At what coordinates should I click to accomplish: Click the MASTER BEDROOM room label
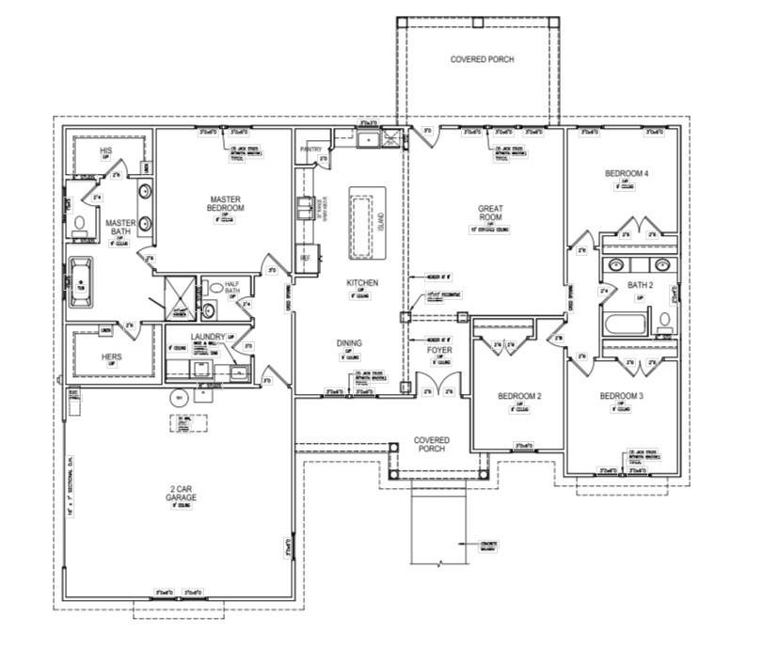[x=226, y=203]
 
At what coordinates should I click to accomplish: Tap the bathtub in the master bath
[x=83, y=280]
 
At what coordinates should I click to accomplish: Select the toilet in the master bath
[x=81, y=224]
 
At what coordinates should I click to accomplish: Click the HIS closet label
[x=106, y=151]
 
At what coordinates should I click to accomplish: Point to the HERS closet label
[x=111, y=356]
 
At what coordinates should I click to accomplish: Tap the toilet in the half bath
[x=215, y=288]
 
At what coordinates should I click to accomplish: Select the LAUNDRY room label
[x=206, y=337]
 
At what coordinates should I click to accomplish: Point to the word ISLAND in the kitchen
[x=381, y=221]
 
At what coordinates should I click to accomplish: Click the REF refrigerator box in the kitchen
[x=306, y=256]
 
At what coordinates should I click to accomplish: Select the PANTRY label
[x=311, y=149]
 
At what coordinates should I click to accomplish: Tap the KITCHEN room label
[x=361, y=282]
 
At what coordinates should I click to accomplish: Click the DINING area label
[x=348, y=343]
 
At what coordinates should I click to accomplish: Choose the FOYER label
[x=440, y=351]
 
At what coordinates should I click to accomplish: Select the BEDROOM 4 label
[x=626, y=174]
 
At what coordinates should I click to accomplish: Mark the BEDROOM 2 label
[x=519, y=397]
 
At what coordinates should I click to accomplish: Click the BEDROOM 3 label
[x=621, y=396]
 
